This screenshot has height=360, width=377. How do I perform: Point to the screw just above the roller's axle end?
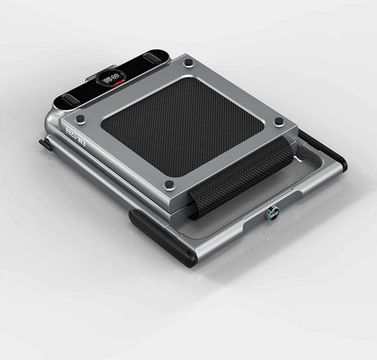click(279, 122)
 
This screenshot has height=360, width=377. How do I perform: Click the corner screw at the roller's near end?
click(170, 185)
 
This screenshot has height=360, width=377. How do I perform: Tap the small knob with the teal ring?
click(270, 216)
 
